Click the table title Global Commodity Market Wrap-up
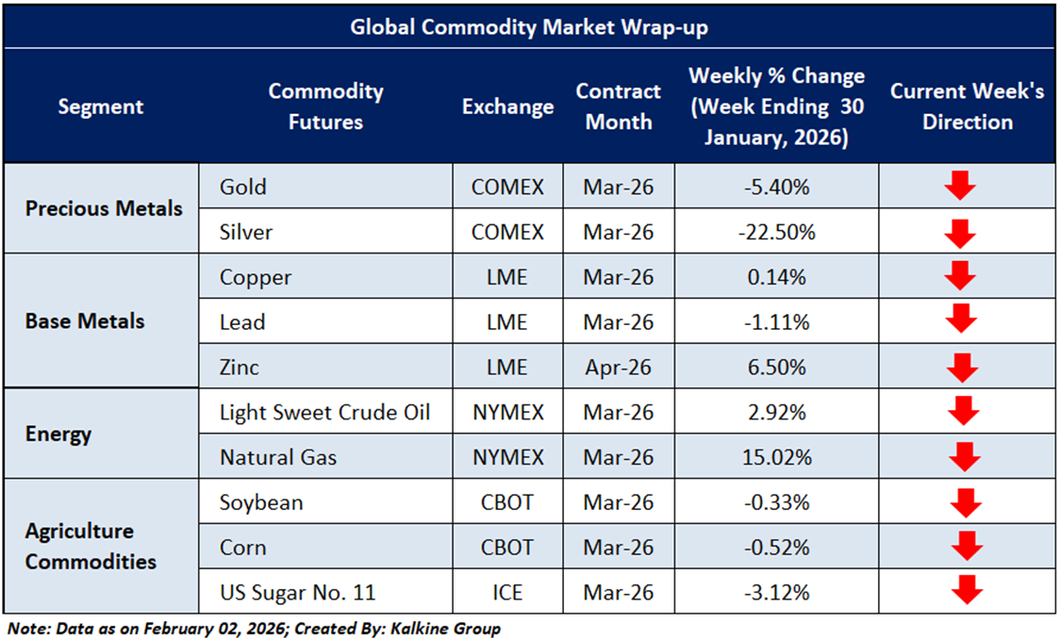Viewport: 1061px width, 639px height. [x=529, y=27]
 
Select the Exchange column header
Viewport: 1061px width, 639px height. [x=507, y=106]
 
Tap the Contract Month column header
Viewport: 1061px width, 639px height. [x=618, y=106]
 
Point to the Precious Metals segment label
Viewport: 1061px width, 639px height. [x=104, y=208]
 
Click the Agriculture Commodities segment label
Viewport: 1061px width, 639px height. [x=91, y=547]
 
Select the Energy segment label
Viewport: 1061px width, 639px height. [x=58, y=434]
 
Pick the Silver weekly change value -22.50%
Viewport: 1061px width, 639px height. [x=776, y=232]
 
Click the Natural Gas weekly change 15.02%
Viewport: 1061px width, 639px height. [x=776, y=457]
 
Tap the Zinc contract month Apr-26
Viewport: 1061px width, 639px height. [x=618, y=368]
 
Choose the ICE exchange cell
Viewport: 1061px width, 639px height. [x=507, y=593]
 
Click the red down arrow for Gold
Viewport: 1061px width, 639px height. [x=960, y=186]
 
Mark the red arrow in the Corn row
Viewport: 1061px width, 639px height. [x=967, y=546]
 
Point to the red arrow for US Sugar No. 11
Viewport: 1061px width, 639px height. [x=967, y=591]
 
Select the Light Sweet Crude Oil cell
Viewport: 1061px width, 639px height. [x=324, y=413]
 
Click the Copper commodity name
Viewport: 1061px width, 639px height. [x=256, y=277]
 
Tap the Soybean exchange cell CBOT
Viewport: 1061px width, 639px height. [x=507, y=502]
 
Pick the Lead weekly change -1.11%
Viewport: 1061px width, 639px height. [x=776, y=322]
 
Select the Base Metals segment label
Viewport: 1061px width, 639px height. [x=85, y=321]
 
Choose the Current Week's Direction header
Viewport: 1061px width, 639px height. [x=967, y=106]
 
